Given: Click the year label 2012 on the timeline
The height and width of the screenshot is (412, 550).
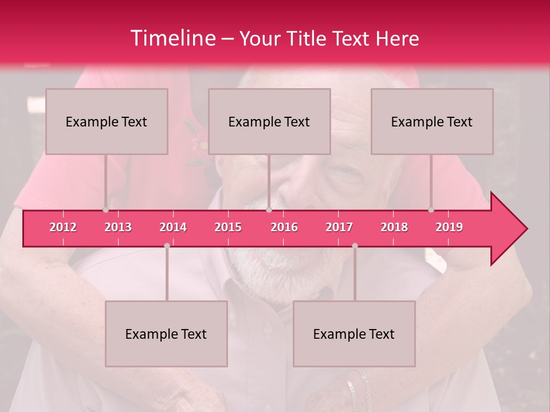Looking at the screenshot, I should [x=63, y=227].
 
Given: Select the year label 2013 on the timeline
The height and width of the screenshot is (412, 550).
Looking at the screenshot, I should [x=118, y=227].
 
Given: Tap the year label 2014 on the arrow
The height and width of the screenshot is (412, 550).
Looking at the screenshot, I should [x=173, y=227].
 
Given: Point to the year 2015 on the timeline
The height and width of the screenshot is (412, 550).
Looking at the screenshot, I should [x=228, y=227].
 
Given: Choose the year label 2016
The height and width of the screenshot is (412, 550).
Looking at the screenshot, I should [x=284, y=227].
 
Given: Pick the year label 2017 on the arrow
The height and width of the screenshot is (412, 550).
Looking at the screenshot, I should [x=339, y=227].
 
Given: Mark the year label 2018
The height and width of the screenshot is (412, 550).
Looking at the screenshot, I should [x=394, y=227].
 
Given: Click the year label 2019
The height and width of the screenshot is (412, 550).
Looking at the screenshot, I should [x=449, y=227].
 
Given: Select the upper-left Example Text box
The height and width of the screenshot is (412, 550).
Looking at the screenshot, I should [x=107, y=121].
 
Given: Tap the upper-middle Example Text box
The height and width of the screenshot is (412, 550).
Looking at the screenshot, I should [x=269, y=121].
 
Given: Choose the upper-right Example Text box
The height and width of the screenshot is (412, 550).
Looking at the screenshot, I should [x=432, y=121].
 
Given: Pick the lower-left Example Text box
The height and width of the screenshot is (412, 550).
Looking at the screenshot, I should [x=166, y=334].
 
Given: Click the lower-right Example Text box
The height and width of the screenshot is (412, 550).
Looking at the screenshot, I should [x=354, y=334].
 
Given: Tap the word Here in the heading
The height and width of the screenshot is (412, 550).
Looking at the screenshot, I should [x=397, y=38].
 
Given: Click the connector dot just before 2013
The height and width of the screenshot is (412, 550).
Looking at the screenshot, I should [x=105, y=210].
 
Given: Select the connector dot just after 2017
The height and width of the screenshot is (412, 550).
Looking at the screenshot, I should [x=355, y=245].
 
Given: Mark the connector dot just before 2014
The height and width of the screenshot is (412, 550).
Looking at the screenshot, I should [x=167, y=245].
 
